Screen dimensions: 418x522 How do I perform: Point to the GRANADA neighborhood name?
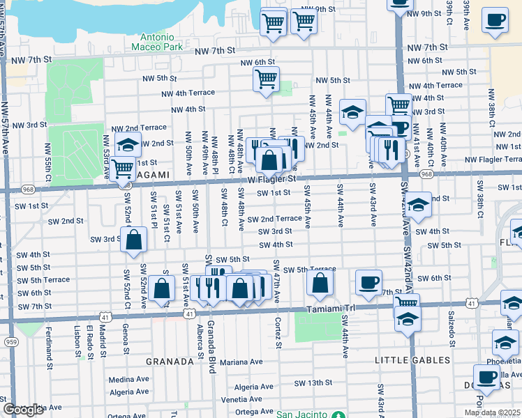point(170,362)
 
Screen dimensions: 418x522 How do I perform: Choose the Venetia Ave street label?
point(239,400)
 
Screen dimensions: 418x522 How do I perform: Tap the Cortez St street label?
point(278,334)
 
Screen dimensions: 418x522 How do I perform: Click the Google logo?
point(22,410)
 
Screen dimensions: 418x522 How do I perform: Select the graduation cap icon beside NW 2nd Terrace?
point(127,145)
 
